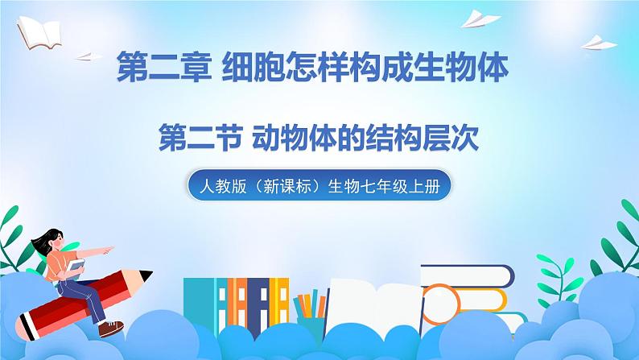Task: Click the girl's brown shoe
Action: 114,327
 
